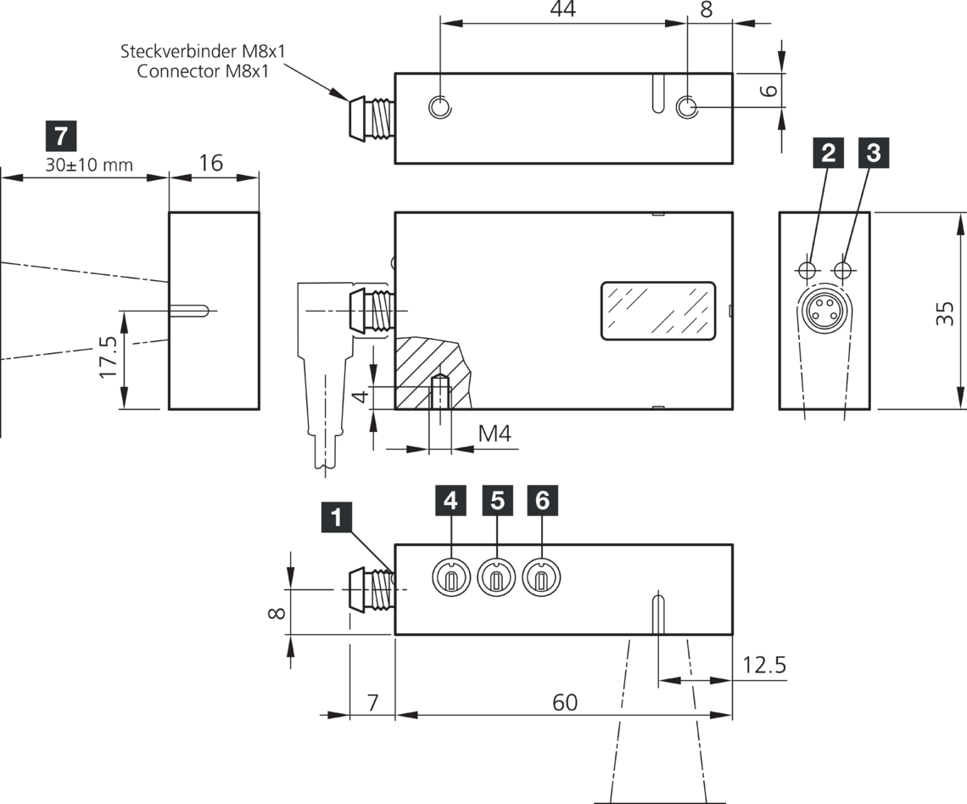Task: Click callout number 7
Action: (61, 137)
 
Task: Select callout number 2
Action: (828, 153)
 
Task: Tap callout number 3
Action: (874, 153)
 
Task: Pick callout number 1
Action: (336, 517)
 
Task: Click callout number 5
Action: (497, 500)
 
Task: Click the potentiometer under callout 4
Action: (451, 577)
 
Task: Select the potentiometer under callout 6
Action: (541, 577)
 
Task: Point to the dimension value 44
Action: (562, 9)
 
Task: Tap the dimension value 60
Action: (564, 702)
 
